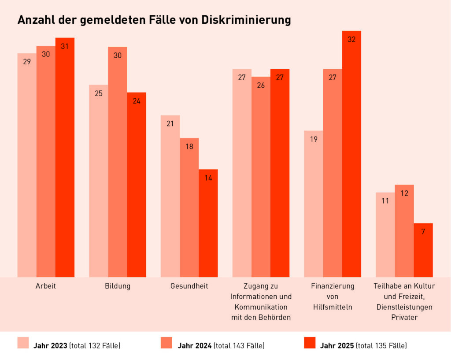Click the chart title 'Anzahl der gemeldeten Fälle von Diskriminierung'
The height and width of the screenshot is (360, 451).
point(154,20)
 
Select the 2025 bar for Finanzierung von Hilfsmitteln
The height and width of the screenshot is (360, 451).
point(351,154)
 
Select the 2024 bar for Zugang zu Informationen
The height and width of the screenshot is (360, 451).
point(261,177)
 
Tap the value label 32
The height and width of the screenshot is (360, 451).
point(351,40)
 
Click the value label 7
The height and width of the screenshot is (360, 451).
point(423,231)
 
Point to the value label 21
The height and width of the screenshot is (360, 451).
point(170,124)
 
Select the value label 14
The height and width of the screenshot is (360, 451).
point(208,178)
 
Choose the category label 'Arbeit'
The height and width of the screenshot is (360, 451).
point(46,286)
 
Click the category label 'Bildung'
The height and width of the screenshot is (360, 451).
point(118,286)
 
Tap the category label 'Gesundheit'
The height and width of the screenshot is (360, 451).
point(189,286)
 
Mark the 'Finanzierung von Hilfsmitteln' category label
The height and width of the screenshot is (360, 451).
point(333,297)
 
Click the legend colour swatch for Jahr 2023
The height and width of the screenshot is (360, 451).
point(23,343)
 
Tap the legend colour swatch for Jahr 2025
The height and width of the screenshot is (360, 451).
point(310,343)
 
